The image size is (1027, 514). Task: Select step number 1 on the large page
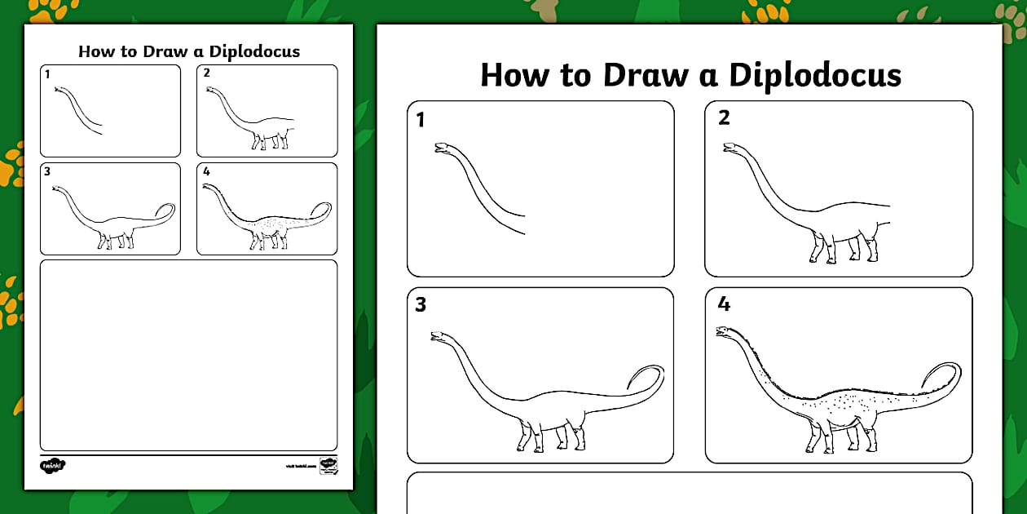[x=421, y=121]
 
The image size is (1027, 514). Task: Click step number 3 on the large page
[x=421, y=305]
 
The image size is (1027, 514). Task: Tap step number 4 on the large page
[x=724, y=305]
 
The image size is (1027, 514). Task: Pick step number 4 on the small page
[x=206, y=171]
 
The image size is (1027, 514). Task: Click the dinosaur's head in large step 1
[x=443, y=148]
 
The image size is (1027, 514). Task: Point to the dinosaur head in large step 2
[x=730, y=148]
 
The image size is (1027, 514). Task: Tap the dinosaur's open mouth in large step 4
[x=721, y=331]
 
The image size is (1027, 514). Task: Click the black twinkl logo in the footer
[x=52, y=465]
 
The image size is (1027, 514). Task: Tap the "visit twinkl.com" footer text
[x=299, y=466]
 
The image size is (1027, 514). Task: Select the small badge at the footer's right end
[x=328, y=465]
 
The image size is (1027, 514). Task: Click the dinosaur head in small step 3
[x=56, y=189]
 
